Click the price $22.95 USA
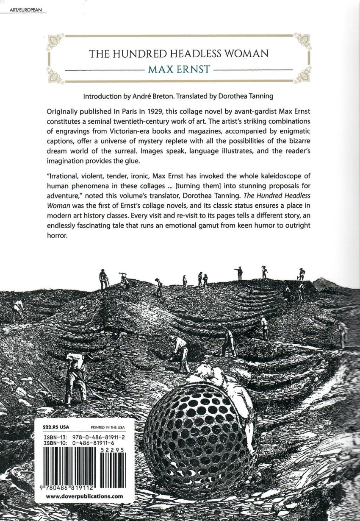58,427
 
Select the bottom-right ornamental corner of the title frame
303,75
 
